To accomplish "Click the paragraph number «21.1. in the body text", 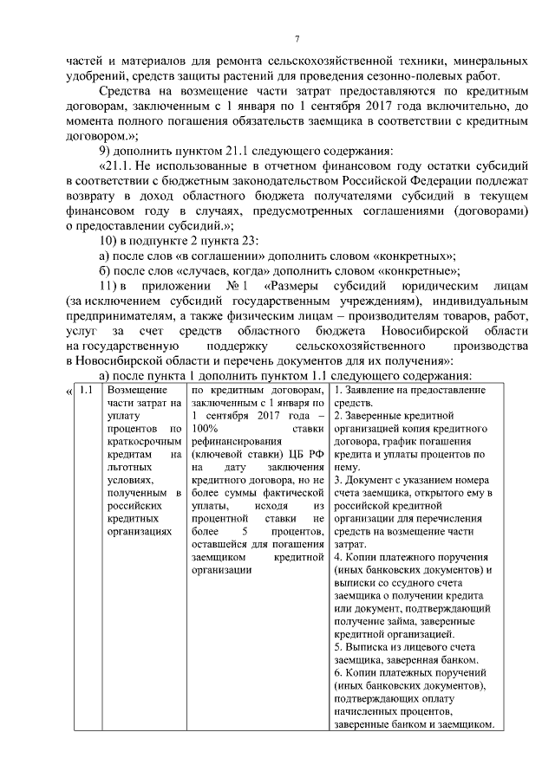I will coord(123,165).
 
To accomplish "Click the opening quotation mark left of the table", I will coord(69,391).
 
